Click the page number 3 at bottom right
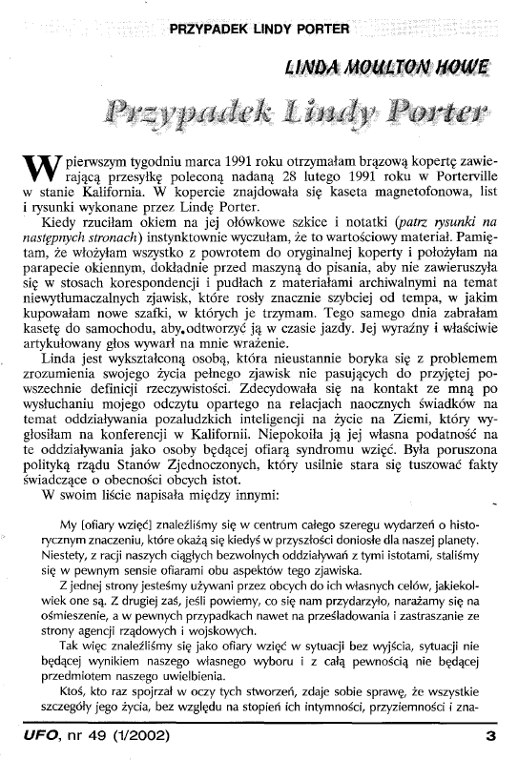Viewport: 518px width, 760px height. (490, 737)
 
